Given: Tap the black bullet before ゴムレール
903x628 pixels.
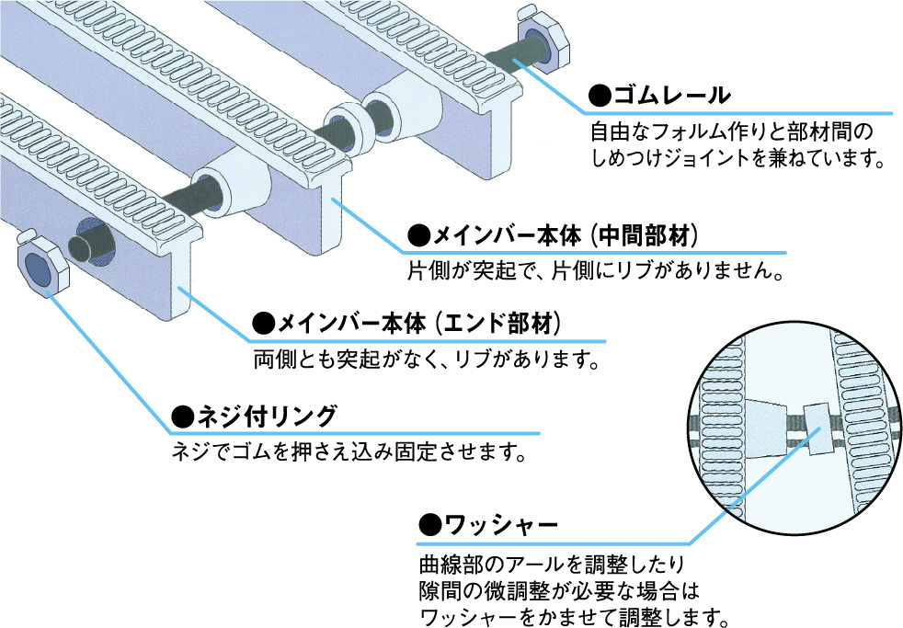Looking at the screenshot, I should (600, 96).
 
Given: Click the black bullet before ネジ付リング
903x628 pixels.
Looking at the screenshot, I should (181, 417).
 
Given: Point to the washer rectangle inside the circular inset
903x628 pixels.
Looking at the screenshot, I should (816, 425).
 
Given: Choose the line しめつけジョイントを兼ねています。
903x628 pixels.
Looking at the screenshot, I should (737, 159).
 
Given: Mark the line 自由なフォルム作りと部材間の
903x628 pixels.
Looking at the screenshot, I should (726, 131).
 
